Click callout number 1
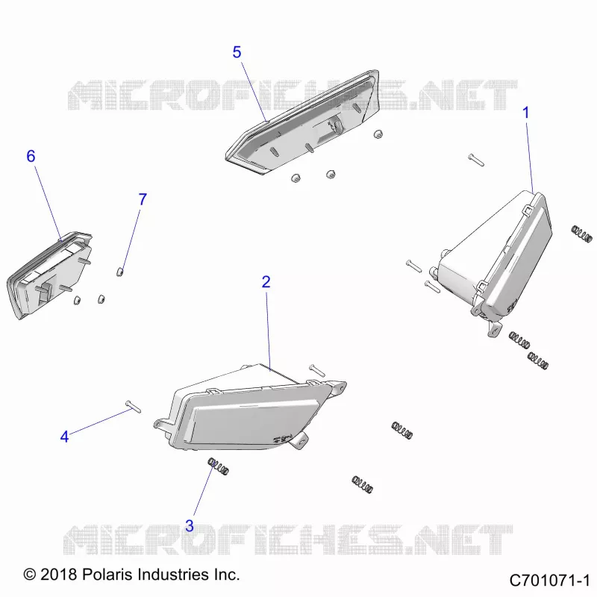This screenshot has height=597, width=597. click(526, 113)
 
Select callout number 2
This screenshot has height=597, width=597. click(266, 282)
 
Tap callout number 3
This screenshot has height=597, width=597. click(190, 526)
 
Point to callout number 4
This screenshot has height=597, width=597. click(64, 437)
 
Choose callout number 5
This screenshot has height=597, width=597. click(237, 52)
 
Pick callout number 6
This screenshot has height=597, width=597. click(31, 156)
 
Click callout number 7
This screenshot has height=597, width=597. click(143, 199)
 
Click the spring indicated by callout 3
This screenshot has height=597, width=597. click(218, 466)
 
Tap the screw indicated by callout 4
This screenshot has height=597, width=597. click(133, 406)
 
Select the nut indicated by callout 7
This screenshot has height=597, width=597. click(119, 272)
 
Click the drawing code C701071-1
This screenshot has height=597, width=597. click(549, 581)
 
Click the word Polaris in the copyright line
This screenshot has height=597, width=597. click(107, 574)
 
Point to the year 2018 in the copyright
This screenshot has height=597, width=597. click(58, 574)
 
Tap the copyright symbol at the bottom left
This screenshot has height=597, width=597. click(30, 575)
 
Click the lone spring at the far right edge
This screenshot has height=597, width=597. click(582, 234)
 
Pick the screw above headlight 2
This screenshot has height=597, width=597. click(317, 370)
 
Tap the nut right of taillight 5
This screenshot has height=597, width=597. click(378, 134)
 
